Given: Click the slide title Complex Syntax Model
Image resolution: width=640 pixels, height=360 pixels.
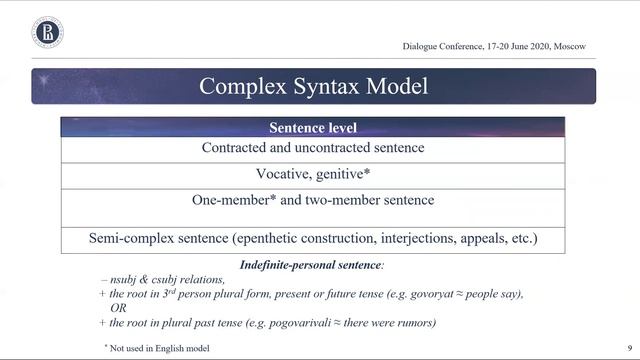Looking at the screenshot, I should coord(313,86).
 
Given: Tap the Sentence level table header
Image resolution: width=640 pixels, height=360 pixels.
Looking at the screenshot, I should coord(313,128).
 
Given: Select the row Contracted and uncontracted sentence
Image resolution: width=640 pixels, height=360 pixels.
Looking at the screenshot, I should coord(313,148).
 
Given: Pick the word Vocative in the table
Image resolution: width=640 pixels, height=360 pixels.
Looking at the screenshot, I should coord(285,173).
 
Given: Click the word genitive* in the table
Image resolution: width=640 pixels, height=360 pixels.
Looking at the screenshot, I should coord(344,173).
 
